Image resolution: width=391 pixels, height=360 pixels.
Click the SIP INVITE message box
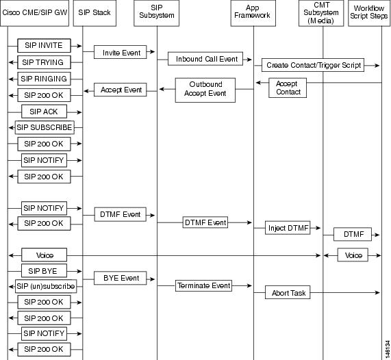pos(45,46)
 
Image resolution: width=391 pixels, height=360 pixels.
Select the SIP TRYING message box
pos(45,62)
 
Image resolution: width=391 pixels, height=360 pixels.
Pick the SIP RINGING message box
pos(45,79)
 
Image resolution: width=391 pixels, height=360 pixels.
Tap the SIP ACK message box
pos(45,111)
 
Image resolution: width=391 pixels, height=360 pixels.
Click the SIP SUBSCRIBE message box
pos(45,127)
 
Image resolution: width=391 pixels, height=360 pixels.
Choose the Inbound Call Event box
pos(207,60)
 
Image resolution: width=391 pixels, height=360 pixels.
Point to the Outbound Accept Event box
pos(206,90)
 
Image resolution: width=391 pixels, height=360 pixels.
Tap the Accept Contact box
pos(288,88)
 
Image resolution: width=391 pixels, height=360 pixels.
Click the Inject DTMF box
pos(288,228)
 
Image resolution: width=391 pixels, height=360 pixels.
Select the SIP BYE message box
pos(45,271)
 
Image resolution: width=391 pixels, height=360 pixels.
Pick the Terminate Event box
pos(203,285)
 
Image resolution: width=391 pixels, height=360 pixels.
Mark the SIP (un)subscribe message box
pos(45,287)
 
